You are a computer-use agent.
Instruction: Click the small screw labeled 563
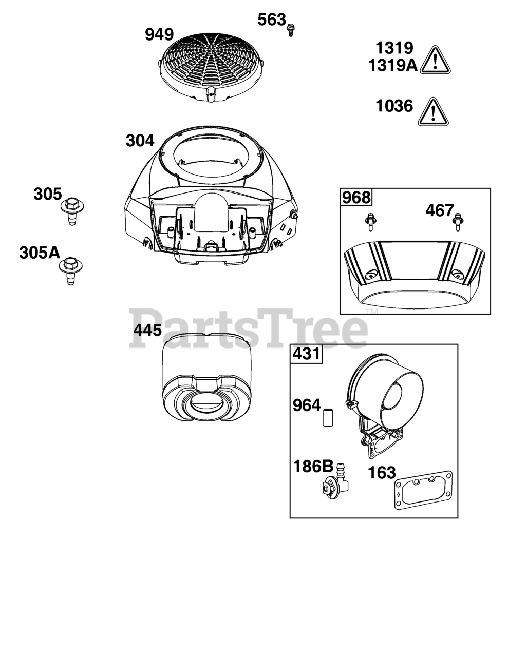pyautogui.click(x=291, y=30)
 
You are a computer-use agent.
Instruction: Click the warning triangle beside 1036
pyautogui.click(x=434, y=112)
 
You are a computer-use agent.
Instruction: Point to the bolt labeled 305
pyautogui.click(x=72, y=211)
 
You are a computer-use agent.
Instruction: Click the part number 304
pyautogui.click(x=140, y=141)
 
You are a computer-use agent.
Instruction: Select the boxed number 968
pyautogui.click(x=356, y=198)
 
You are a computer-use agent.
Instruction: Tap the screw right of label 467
pyautogui.click(x=458, y=222)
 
